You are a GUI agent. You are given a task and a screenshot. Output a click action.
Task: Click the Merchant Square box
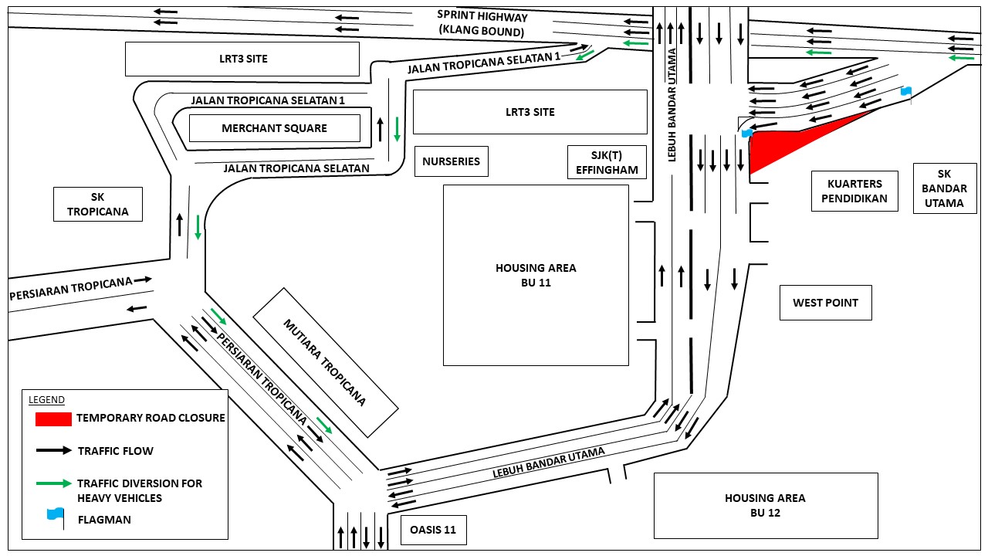[x=275, y=128]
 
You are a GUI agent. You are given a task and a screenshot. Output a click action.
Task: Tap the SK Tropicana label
[x=97, y=205]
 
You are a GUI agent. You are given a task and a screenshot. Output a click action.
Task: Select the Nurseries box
[x=451, y=161]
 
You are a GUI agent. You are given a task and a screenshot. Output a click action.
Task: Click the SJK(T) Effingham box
[x=607, y=161]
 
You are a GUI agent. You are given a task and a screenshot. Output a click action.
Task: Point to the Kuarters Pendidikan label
[x=854, y=191]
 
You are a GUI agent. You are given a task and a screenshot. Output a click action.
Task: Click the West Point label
[x=825, y=303]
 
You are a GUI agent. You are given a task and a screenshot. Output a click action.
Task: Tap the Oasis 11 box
[x=434, y=530]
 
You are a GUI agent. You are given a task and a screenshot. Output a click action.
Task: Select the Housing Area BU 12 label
[x=765, y=505]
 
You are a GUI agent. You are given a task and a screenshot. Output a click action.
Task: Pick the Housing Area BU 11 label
[x=536, y=275]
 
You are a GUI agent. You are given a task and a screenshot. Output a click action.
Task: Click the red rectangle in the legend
[x=53, y=419]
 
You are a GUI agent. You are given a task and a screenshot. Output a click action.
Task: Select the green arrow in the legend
[x=54, y=483]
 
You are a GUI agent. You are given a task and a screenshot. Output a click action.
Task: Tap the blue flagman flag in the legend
[x=55, y=514]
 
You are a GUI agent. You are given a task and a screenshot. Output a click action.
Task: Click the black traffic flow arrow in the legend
[x=54, y=450]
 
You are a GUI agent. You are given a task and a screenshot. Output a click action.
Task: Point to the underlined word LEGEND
[x=46, y=400]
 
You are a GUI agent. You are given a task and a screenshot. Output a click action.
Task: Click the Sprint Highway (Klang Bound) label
[x=482, y=23]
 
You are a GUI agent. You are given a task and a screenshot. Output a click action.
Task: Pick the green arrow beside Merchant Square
[x=397, y=128]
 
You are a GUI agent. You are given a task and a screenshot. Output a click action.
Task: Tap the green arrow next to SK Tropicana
[x=198, y=226]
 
